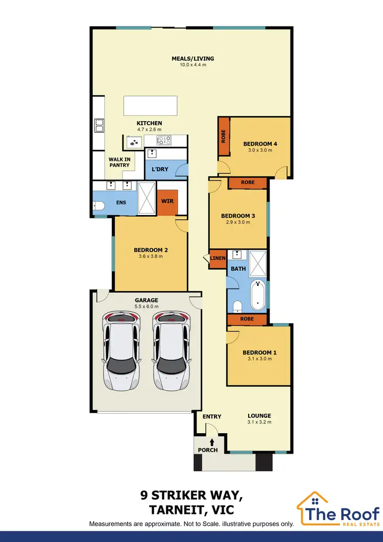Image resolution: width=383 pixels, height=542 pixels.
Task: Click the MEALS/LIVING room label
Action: [193, 59]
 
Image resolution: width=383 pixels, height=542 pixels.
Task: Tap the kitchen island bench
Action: [150, 106]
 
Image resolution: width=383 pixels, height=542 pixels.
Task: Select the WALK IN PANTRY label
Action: [118, 162]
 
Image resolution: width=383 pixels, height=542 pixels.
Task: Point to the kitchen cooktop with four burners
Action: [164, 140]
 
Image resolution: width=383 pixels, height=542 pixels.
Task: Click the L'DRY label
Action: [160, 169]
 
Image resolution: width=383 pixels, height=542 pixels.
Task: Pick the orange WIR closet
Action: [167, 201]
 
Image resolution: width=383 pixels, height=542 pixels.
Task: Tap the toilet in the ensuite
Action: [99, 205]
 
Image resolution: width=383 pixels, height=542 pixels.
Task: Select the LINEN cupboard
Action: [218, 258]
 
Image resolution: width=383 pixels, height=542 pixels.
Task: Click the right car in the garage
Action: [171, 350]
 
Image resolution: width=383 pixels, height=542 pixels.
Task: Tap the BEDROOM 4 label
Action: [260, 144]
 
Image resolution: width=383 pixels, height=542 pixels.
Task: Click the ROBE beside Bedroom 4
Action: [223, 136]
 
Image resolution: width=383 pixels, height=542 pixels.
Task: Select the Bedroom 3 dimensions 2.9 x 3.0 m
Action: [237, 222]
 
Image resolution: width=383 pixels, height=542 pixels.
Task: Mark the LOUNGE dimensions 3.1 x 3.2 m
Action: [259, 422]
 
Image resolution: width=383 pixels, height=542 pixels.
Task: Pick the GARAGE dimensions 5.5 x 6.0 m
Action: [146, 307]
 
